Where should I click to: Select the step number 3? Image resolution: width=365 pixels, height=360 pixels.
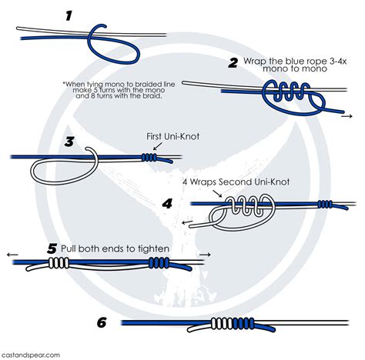[69, 142]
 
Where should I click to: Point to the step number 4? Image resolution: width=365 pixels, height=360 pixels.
[169, 204]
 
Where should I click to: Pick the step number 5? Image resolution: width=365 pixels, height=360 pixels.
[52, 248]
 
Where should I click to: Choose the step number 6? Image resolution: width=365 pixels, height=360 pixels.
[100, 322]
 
